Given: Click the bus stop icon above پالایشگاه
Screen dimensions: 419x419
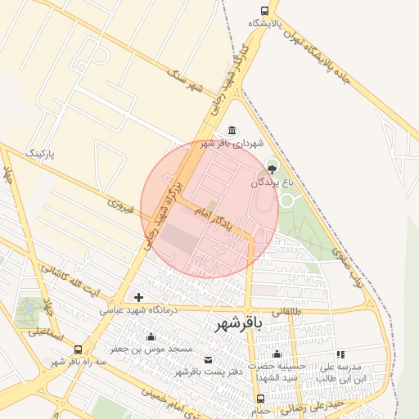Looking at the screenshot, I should [264, 11].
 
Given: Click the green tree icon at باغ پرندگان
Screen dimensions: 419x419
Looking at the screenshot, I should [272, 169].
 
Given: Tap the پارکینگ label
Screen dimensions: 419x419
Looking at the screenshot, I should [44, 153].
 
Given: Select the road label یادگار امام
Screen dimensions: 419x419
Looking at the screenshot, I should [214, 217].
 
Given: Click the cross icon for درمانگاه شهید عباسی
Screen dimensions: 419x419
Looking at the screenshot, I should [138, 297].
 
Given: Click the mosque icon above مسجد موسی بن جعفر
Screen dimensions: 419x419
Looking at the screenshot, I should [151, 337].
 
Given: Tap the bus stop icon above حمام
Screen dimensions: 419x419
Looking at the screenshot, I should [260, 399].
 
